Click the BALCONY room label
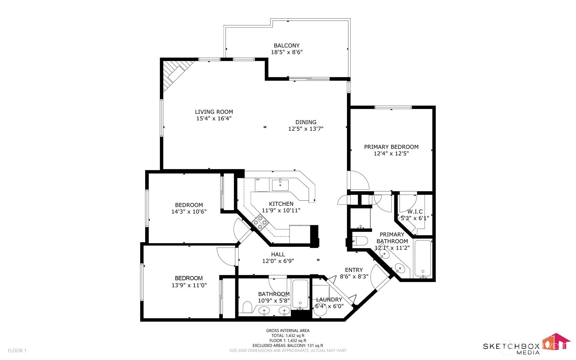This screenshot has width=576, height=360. pyautogui.click(x=287, y=46)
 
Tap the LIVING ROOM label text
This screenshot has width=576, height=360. pyautogui.click(x=214, y=112)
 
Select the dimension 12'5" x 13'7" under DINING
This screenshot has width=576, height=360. pyautogui.click(x=306, y=129)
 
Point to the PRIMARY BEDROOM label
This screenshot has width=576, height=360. pyautogui.click(x=391, y=147)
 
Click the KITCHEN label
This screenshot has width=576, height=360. pyautogui.click(x=281, y=204)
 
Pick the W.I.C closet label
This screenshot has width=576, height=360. pyautogui.click(x=415, y=212)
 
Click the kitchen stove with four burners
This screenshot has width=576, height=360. pyautogui.click(x=260, y=222)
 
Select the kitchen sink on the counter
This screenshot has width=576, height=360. pyautogui.click(x=280, y=185)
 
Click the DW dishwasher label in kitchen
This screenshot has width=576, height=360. pyautogui.click(x=258, y=180)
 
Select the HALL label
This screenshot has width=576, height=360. pyautogui.click(x=278, y=254)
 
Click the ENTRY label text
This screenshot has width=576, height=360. pyautogui.click(x=354, y=270)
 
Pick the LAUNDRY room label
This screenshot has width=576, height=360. pyautogui.click(x=329, y=300)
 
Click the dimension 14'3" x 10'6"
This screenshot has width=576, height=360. pyautogui.click(x=189, y=212)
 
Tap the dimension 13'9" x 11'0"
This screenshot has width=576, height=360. pyautogui.click(x=189, y=285)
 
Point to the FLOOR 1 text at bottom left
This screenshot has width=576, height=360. pyautogui.click(x=17, y=351)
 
